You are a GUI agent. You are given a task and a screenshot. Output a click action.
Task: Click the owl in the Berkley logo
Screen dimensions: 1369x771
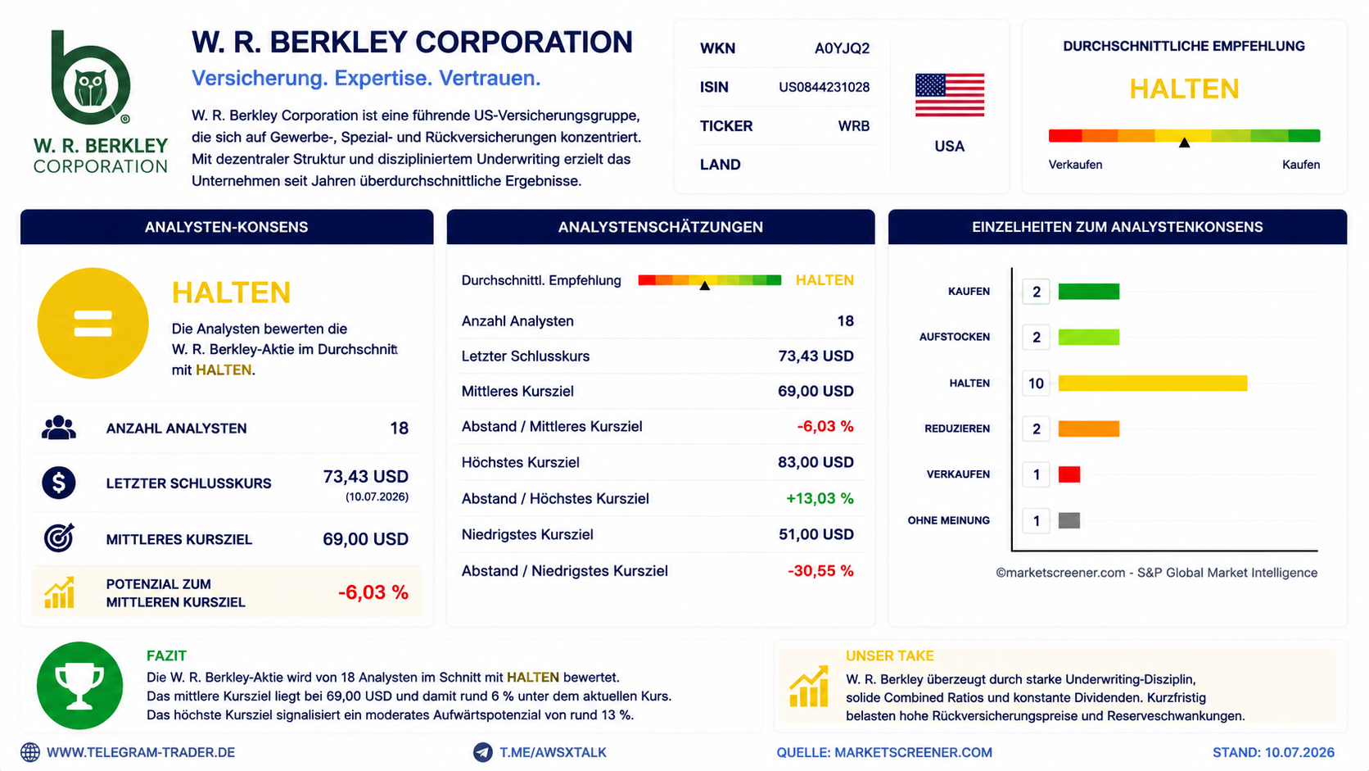coord(90,88)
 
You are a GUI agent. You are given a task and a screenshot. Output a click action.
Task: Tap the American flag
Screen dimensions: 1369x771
coord(950,95)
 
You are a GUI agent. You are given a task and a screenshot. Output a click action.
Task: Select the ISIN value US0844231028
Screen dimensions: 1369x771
coord(824,87)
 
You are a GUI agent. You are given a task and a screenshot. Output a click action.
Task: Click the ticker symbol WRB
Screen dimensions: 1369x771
coord(854,126)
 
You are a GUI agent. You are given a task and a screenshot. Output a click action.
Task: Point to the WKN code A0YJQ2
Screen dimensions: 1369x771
coord(843,48)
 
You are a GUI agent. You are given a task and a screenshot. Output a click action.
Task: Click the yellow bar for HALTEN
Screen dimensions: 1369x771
coord(1153,383)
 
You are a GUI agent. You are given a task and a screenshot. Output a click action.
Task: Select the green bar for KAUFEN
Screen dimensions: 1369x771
coord(1088,292)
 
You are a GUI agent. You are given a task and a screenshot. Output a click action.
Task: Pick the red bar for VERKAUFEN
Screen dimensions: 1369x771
coord(1069,474)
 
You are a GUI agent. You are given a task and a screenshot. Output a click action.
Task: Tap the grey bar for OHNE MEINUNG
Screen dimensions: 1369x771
coord(1069,520)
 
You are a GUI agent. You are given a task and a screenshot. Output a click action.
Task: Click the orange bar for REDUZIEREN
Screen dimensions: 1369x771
coord(1088,429)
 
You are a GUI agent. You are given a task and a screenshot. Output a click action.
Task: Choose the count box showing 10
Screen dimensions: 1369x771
coord(1036,383)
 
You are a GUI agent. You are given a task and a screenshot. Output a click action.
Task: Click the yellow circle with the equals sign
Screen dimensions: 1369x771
coord(93,323)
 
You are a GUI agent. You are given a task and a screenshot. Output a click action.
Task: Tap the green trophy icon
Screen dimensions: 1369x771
coord(79,686)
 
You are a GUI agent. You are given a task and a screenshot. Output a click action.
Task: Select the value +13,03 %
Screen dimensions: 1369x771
coord(820,498)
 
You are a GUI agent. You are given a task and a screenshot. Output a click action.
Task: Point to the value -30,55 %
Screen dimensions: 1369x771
coord(820,571)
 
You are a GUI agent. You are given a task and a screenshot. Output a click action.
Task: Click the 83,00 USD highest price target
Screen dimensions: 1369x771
coord(816,462)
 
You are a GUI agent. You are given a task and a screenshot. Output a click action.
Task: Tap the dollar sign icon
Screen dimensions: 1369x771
coord(59,483)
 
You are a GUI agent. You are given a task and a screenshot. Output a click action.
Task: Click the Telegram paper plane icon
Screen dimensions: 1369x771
coord(483,752)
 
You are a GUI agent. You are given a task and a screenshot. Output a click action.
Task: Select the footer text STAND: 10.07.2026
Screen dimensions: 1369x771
coord(1273,753)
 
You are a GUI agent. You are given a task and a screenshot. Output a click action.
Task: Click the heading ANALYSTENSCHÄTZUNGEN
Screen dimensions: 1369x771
coord(660,228)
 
